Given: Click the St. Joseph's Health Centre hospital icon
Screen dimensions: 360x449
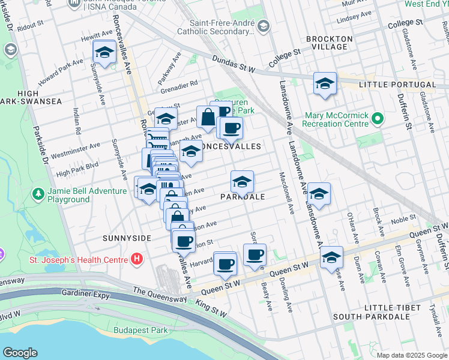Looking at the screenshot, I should pos(137,259).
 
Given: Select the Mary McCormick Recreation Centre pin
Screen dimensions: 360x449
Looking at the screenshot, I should pos(377,119).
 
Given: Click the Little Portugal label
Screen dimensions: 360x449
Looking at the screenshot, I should pos(397,85).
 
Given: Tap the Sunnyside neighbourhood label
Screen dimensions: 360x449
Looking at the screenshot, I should pos(126,238).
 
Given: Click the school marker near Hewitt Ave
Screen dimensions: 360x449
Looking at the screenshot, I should pos(104,53).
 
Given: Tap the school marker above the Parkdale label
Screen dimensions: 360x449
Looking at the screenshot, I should pos(242,181).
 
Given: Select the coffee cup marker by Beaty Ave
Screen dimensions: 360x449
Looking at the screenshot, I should pos(255,254).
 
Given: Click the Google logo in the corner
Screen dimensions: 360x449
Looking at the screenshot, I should pos(20,353).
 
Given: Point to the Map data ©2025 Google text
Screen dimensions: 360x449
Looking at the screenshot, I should pos(411,355).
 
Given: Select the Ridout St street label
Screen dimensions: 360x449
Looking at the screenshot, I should pos(31,27).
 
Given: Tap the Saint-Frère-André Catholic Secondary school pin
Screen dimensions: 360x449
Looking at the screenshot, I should pos(262,26).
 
